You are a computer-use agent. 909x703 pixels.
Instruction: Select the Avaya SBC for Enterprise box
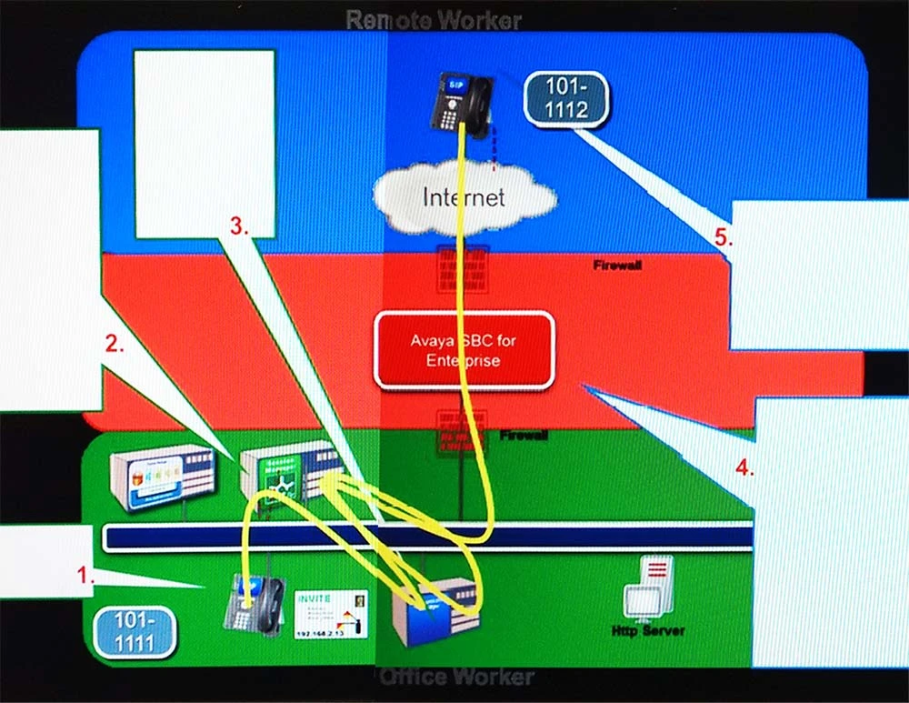464,350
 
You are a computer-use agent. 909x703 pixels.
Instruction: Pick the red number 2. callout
115,344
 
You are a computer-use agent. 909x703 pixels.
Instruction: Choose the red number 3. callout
239,227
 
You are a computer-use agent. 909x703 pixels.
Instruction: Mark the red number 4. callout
744,469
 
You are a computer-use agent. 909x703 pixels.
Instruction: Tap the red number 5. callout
723,238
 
